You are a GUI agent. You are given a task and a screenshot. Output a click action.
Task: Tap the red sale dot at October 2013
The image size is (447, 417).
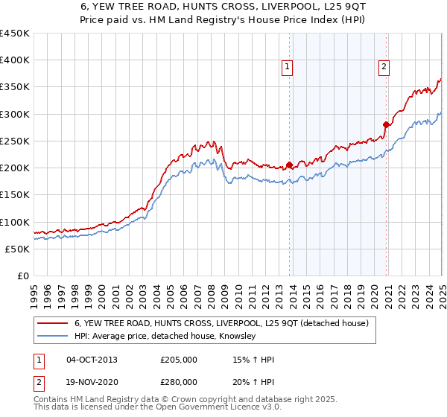click(x=289, y=165)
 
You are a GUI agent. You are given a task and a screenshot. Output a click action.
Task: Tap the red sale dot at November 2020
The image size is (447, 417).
click(x=386, y=125)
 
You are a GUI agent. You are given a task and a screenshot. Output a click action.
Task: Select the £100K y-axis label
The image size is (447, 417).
click(x=15, y=222)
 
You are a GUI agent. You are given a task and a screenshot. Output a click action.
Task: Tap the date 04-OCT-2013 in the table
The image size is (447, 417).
click(x=92, y=360)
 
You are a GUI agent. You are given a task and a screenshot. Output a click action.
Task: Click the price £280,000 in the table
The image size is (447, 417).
click(x=179, y=381)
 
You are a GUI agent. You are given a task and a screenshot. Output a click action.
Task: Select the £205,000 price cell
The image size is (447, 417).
click(x=179, y=360)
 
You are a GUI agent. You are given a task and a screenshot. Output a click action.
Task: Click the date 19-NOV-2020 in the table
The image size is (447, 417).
click(x=92, y=381)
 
